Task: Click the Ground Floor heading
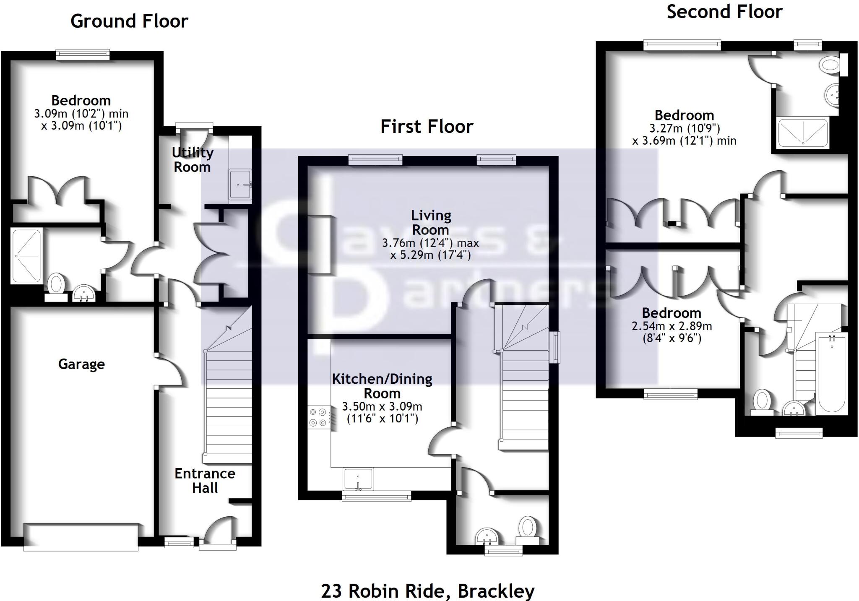(x=129, y=21)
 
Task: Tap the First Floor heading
(x=427, y=126)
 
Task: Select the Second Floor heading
(x=724, y=11)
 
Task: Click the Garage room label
(x=81, y=364)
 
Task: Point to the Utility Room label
(x=193, y=160)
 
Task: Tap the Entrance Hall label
(x=205, y=481)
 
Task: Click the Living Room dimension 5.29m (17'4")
(x=431, y=255)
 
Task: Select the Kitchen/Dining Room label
(x=382, y=386)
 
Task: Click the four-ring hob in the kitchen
(x=318, y=417)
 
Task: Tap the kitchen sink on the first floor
(x=358, y=479)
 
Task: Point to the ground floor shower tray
(x=27, y=255)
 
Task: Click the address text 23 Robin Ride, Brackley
(x=428, y=591)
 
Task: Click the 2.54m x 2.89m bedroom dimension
(x=672, y=326)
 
